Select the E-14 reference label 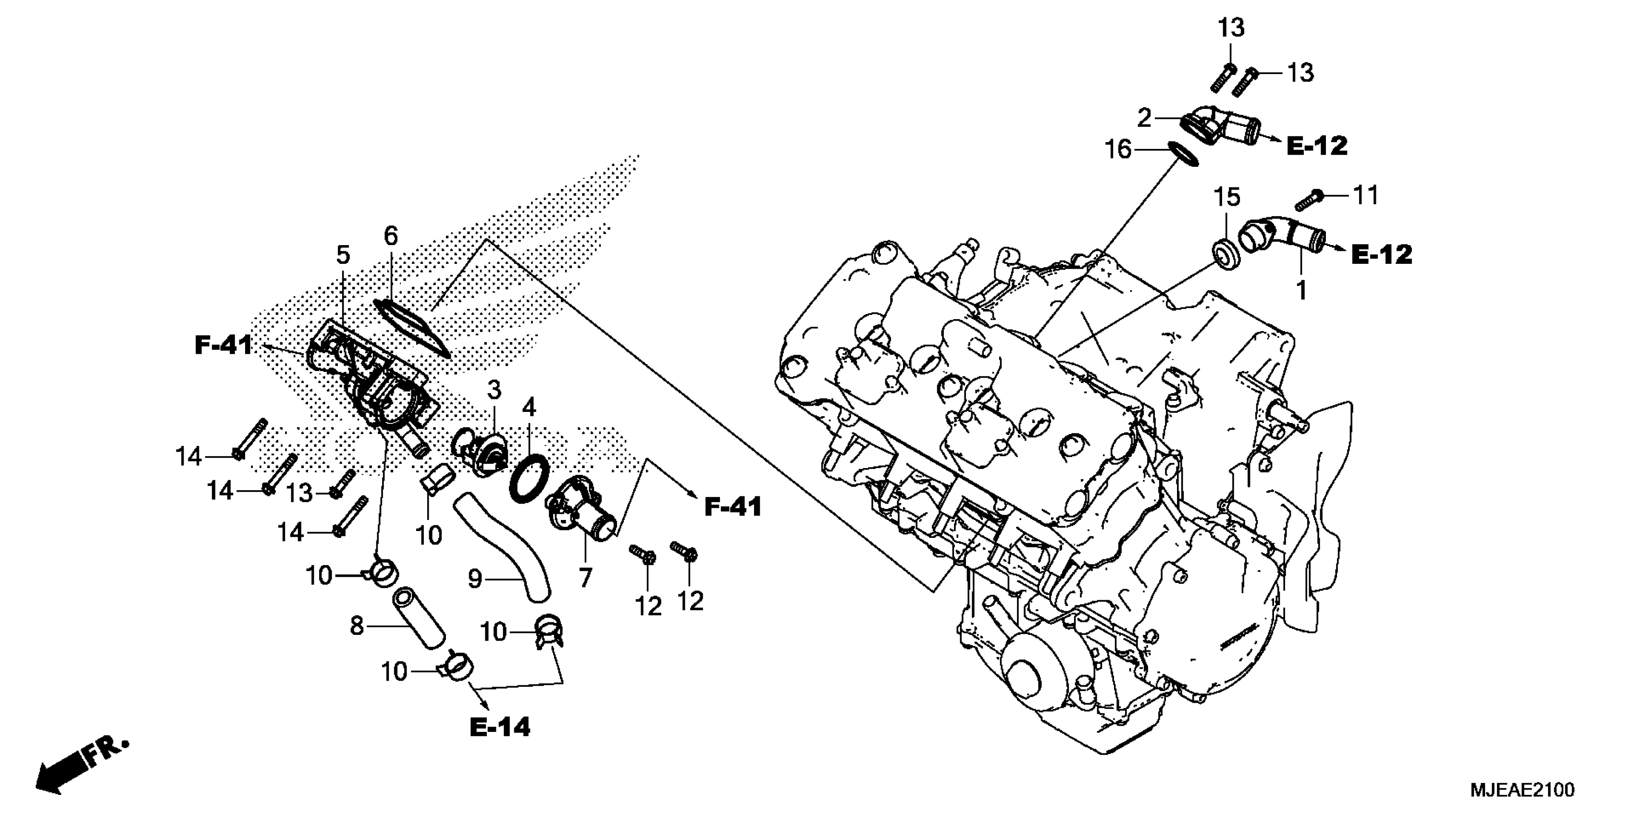[500, 728]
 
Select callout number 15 [1227, 197]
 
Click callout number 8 [357, 626]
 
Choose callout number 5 [343, 256]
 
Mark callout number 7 [585, 577]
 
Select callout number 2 [1144, 118]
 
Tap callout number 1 [1301, 291]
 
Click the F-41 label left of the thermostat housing [223, 346]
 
